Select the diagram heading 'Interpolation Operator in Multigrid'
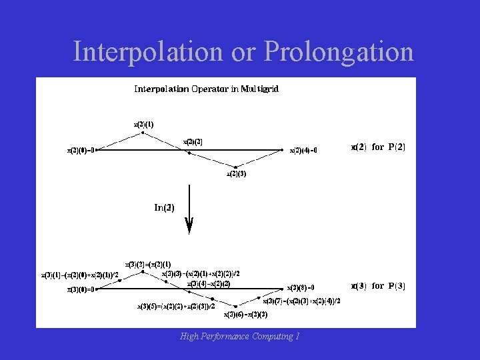point(206,88)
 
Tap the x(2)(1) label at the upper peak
point(143,123)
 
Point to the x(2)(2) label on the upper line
point(193,141)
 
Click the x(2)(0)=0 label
point(82,150)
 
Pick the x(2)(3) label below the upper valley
point(237,174)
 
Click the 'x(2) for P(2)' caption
point(378,147)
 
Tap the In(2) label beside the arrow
point(165,207)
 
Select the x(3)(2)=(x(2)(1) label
point(148,264)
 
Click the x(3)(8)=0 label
point(301,288)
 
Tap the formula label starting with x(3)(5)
point(176,307)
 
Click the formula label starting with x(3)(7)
point(301,301)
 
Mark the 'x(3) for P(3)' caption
point(378,285)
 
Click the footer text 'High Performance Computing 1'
point(239,337)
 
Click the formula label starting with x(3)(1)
point(81,274)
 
